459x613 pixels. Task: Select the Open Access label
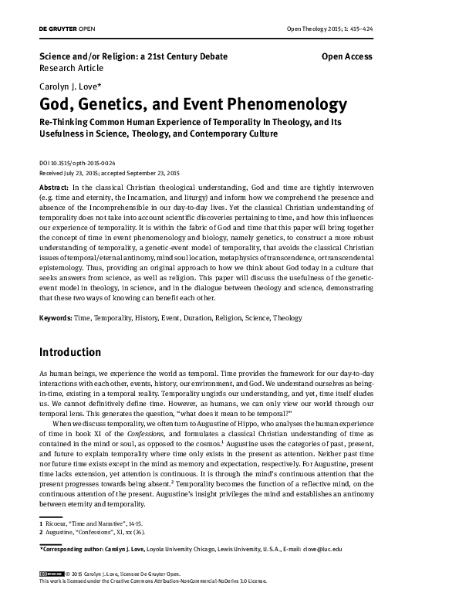346,56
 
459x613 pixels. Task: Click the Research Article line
71,68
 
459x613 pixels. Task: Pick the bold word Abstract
53,188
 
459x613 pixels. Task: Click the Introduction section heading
70,352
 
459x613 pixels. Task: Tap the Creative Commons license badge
50,596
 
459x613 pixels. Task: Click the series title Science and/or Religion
133,56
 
